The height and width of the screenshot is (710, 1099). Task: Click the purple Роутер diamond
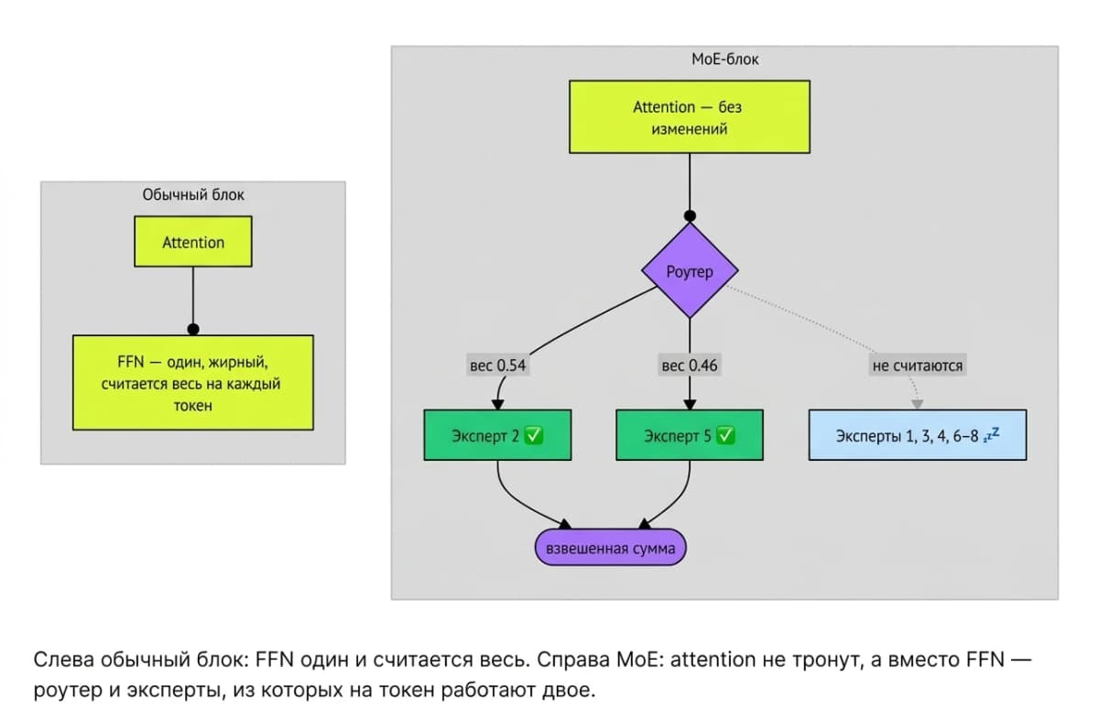point(690,270)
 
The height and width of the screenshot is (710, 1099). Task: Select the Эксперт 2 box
point(497,435)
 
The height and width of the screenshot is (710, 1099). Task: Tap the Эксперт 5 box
point(690,435)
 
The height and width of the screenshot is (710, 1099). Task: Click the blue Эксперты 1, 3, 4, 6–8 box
point(917,435)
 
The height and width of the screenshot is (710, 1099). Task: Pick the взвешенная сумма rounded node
point(610,547)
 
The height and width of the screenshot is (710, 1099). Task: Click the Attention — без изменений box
point(690,116)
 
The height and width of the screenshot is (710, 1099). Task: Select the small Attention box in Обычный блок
point(193,242)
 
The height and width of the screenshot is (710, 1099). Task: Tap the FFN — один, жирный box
point(193,383)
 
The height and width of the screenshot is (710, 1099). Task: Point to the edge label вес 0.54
point(497,366)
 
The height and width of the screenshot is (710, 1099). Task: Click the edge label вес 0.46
point(690,366)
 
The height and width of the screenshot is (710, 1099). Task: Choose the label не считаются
point(918,366)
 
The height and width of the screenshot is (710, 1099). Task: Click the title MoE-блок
point(724,60)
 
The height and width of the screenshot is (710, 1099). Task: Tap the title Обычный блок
point(193,195)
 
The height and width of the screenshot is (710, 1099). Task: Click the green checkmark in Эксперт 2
point(533,435)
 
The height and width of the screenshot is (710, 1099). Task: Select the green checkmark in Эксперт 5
point(725,435)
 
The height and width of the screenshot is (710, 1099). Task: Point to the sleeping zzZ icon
point(991,434)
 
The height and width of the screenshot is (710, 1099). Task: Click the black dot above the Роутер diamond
point(690,216)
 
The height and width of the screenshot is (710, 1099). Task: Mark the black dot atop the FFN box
point(193,329)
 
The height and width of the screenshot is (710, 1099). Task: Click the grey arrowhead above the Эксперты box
point(917,404)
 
